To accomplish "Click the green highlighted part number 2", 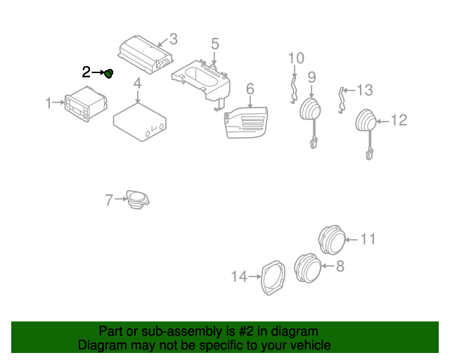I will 110,73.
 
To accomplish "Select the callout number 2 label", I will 86,72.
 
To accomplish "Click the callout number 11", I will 368,240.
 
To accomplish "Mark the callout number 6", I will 249,89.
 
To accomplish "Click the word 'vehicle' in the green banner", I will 308,345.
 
